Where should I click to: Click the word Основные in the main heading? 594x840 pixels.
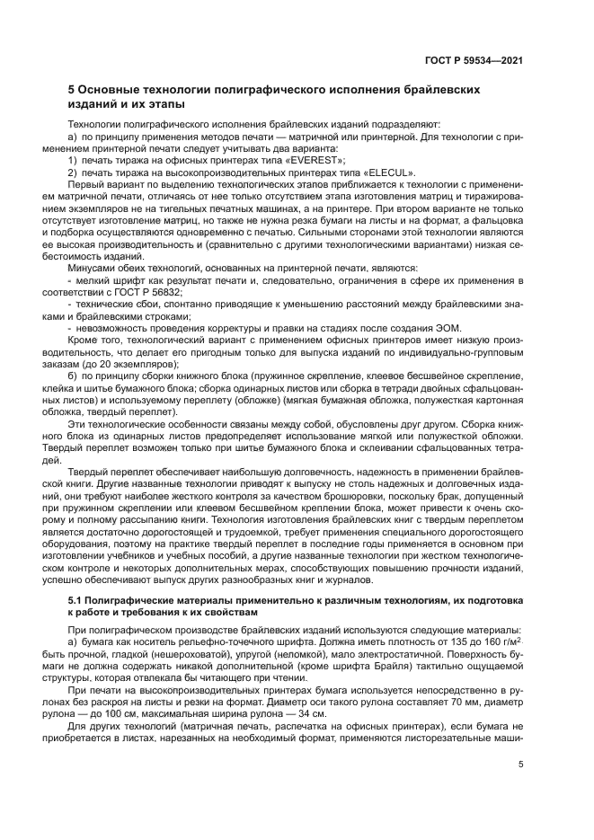tap(116, 90)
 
